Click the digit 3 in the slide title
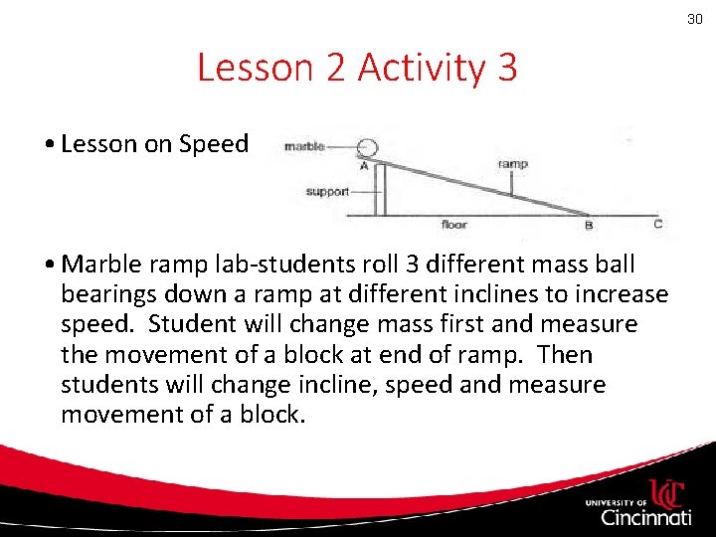(x=504, y=68)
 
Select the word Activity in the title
(x=421, y=68)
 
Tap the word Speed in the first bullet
(x=214, y=144)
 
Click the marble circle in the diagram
(x=369, y=146)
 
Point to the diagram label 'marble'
(x=304, y=147)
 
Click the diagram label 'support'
(x=327, y=191)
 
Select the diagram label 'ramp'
(x=512, y=164)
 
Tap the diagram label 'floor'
(x=453, y=225)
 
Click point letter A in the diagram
(x=364, y=167)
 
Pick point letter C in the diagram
(x=657, y=225)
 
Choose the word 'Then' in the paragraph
(x=565, y=355)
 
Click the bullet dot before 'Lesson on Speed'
(x=50, y=145)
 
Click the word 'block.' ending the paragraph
(x=270, y=415)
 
